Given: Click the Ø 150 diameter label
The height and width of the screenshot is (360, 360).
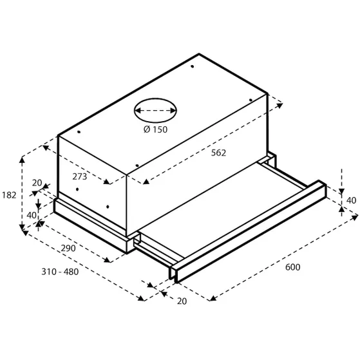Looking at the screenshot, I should coord(152,129).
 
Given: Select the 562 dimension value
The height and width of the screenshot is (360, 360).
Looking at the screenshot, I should coord(219,153).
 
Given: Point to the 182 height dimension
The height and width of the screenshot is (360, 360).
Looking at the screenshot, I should coord(8,194).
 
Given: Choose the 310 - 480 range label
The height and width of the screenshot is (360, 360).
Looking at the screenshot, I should coord(58,271).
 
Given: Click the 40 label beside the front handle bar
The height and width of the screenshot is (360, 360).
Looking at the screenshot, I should coord(351,200).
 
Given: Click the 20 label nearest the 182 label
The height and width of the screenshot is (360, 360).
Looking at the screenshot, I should coord(37,183).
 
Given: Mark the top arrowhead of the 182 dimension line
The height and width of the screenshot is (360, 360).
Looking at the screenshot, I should coord(23,156).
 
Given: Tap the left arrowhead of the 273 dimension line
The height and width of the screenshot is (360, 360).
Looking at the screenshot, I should coord(45,146).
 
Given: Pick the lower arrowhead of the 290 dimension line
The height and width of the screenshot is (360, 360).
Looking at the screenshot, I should coord(110,260).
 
